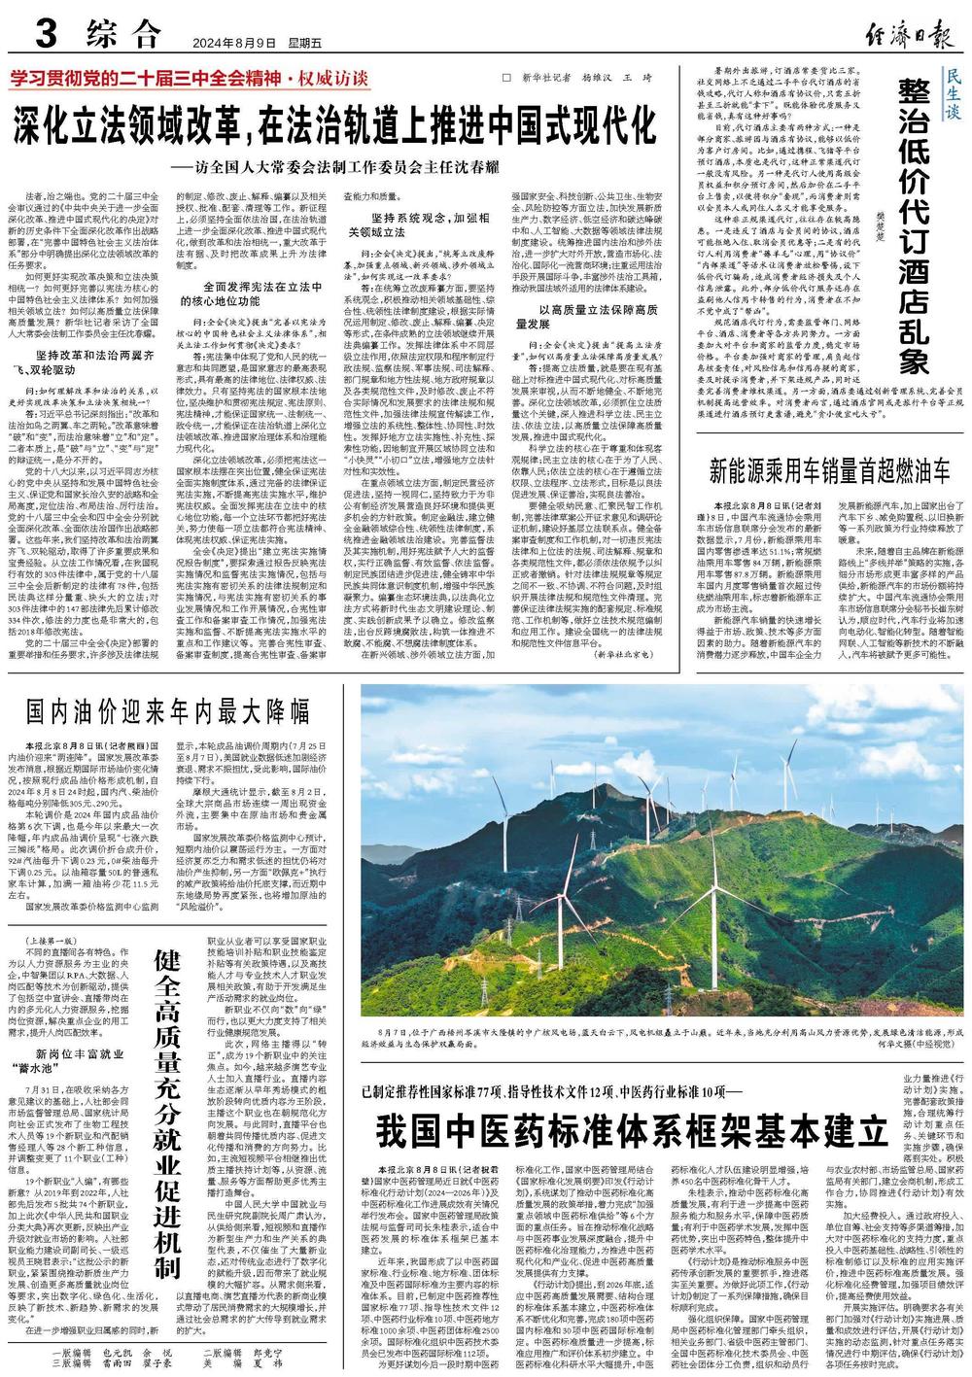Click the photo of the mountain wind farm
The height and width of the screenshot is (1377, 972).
point(661,849)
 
